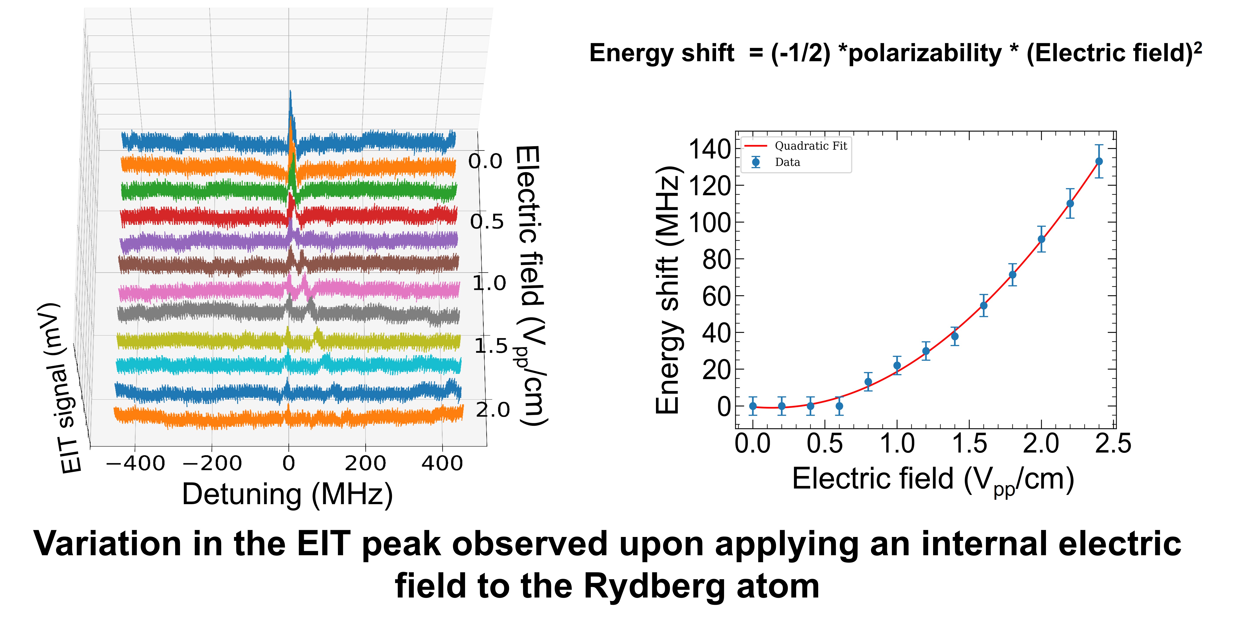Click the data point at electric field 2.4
(x=1099, y=161)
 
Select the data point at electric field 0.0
(x=753, y=406)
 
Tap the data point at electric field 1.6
(x=984, y=306)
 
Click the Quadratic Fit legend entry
(x=811, y=146)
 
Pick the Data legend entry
(x=787, y=162)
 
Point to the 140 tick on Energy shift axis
(x=709, y=149)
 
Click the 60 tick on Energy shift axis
(x=716, y=296)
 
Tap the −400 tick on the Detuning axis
(x=135, y=463)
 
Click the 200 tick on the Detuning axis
(x=365, y=463)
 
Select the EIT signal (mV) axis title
(x=59, y=388)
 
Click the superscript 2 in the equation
(x=1197, y=47)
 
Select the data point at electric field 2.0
(x=1041, y=239)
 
